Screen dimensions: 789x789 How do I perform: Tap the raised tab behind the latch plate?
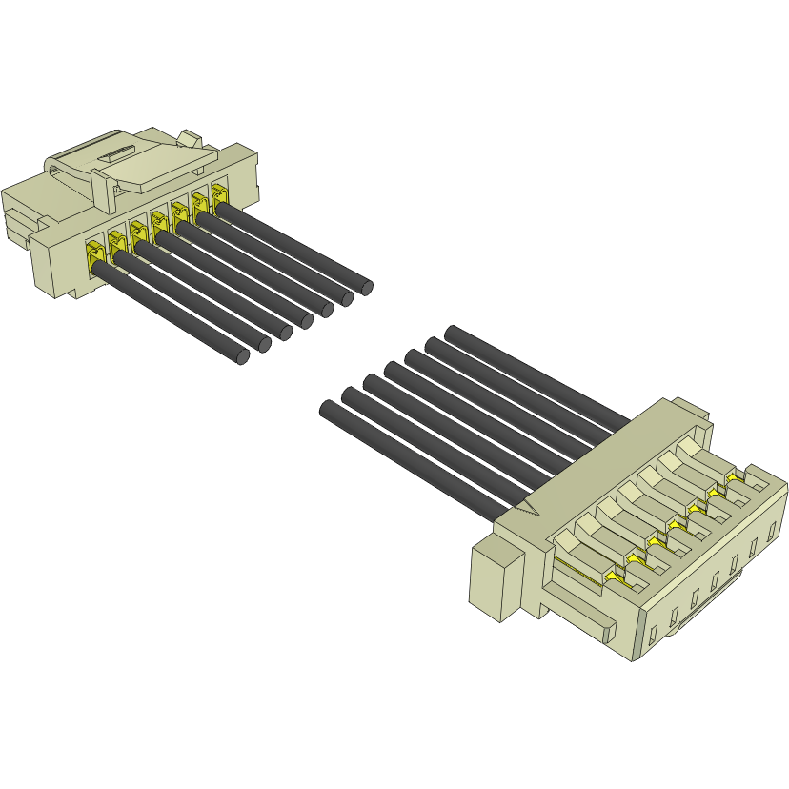[191, 139]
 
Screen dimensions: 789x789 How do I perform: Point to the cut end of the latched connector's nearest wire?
[242, 356]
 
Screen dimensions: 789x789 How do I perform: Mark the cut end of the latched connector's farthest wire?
[364, 286]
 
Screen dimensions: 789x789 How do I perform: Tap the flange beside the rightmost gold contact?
[244, 175]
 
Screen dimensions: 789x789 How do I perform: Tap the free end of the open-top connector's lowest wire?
[328, 409]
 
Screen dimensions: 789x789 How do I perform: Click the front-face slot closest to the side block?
[652, 633]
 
